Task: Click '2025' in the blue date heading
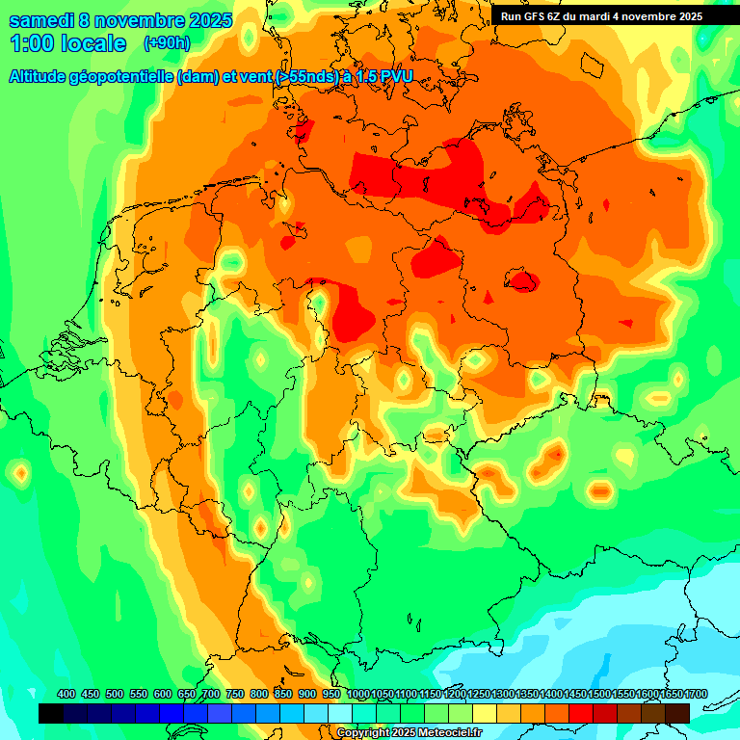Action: click(x=204, y=19)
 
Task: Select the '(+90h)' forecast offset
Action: click(x=167, y=43)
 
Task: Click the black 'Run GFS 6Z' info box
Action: click(x=602, y=16)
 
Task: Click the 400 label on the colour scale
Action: click(x=66, y=694)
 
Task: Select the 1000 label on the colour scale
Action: click(x=358, y=694)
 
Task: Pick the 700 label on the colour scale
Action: click(x=211, y=694)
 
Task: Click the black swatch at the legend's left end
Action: click(x=51, y=713)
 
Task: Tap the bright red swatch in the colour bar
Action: click(x=581, y=713)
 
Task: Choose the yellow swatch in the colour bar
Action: click(x=485, y=713)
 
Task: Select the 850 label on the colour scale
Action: click(x=283, y=694)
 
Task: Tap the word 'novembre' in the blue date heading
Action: click(x=138, y=19)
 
